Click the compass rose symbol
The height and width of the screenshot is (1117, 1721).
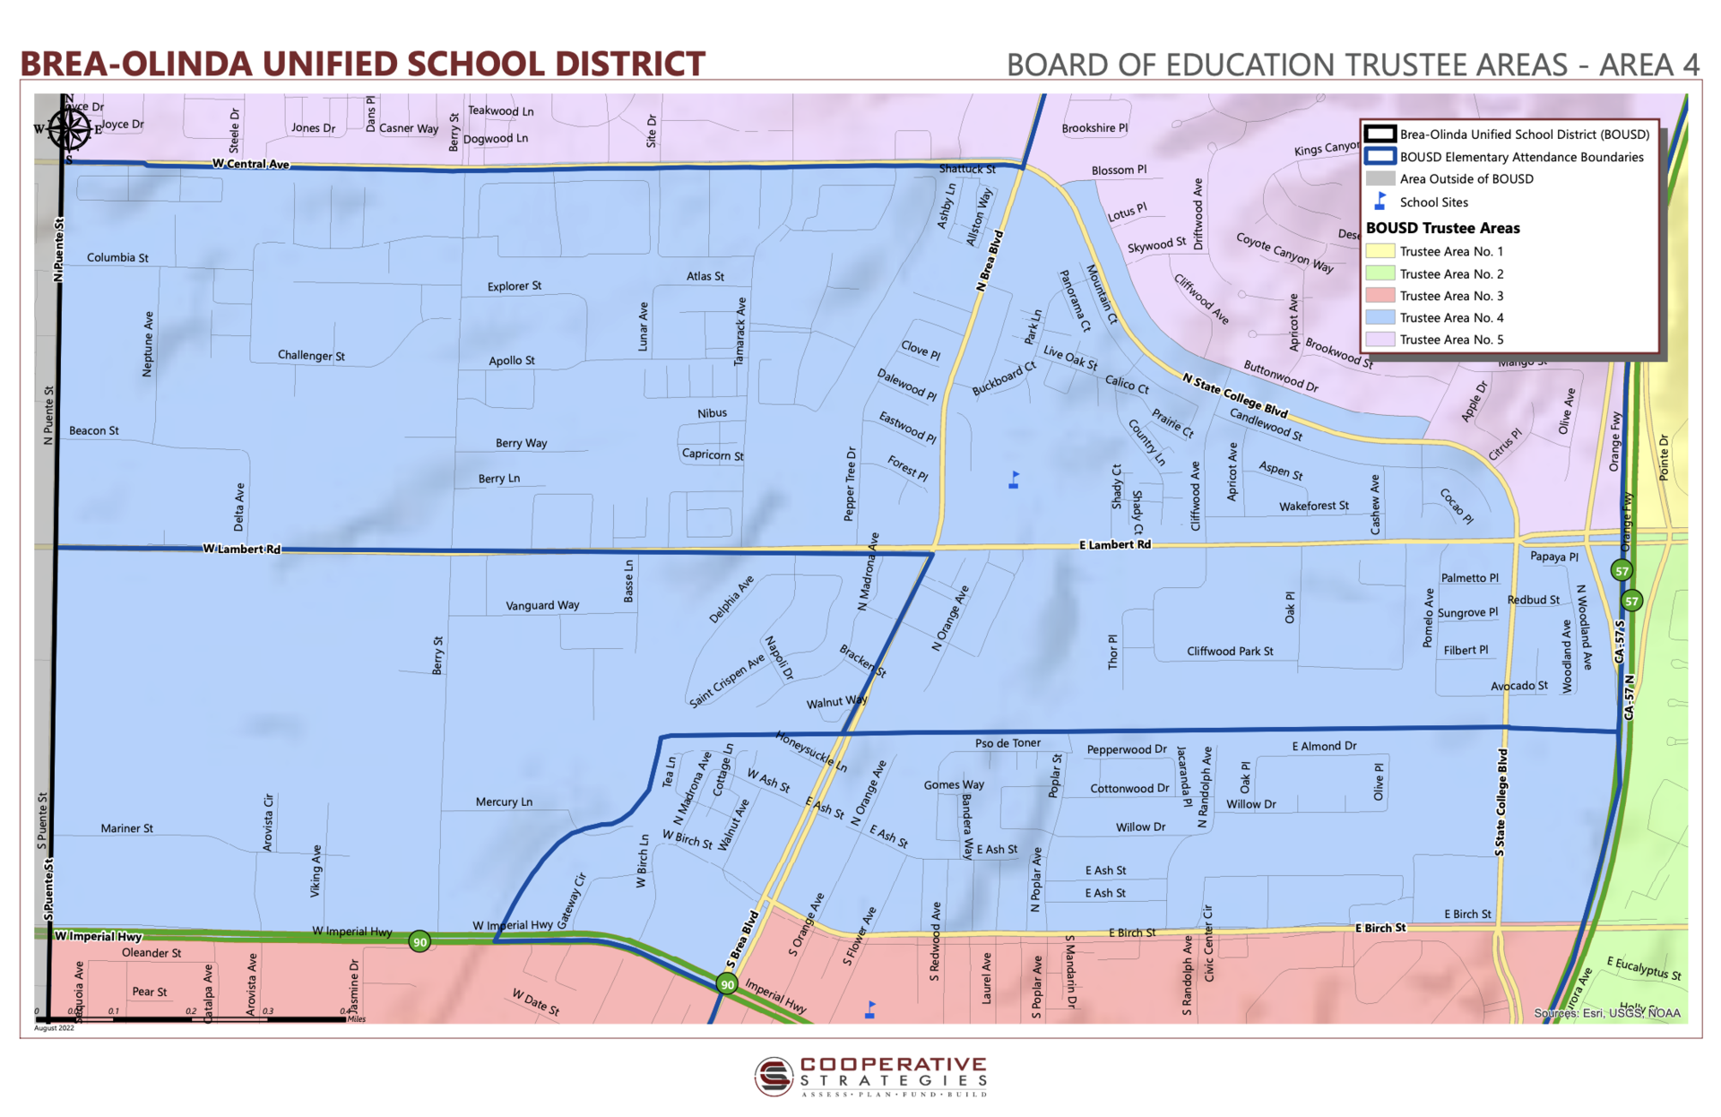68,129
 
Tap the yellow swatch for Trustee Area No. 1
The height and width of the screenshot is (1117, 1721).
1379,252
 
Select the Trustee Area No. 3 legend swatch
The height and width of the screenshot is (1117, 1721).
1379,296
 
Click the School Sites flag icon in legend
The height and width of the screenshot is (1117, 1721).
1380,202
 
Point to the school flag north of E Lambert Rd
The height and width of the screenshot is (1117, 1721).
1014,480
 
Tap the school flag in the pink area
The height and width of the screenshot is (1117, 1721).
869,1009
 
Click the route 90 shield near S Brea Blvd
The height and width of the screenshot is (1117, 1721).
727,984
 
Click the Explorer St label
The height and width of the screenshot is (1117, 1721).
515,286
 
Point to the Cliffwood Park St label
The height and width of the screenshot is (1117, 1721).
1230,651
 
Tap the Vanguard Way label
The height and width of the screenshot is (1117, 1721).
542,605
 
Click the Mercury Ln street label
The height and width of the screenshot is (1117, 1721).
504,801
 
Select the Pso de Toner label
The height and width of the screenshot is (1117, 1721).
1008,743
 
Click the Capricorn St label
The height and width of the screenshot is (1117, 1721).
713,455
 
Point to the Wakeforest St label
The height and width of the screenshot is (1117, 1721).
1313,506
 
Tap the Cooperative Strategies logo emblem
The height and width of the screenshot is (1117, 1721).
774,1076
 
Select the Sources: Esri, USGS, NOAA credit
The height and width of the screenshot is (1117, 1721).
1606,1013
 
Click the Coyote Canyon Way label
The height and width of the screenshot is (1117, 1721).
1284,253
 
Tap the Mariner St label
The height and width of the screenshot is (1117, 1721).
126,828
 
